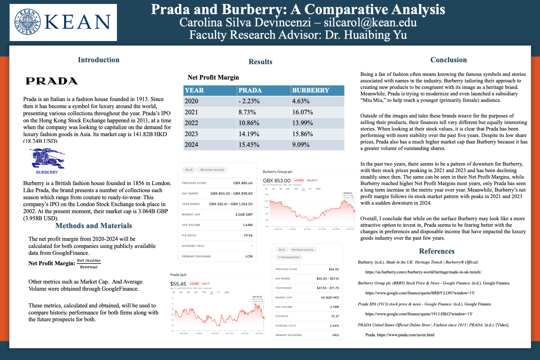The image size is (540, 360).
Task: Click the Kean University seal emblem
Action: coord(28,22)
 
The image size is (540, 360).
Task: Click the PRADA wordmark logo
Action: coord(52,81)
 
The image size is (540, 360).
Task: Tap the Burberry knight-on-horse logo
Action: coord(47,158)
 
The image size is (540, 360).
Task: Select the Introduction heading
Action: coord(98,60)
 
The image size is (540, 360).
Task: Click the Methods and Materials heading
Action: coord(93,226)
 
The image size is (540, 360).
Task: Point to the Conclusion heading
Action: coord(448,60)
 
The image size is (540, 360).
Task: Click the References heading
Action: coord(436,251)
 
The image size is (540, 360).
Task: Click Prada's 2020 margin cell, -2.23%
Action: coord(249,101)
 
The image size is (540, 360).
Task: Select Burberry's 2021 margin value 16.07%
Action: coord(302,112)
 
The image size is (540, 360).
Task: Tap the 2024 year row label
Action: coord(191,145)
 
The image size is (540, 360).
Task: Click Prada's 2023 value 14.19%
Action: coord(249,134)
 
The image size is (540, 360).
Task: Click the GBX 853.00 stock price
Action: coord(276,181)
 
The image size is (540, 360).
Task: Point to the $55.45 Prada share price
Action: coord(178,284)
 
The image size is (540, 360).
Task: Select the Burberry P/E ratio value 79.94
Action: coord(248,235)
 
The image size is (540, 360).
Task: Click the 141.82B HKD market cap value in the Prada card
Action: coord(330,298)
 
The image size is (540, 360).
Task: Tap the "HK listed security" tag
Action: coord(302,250)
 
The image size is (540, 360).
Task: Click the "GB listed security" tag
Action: coord(212,170)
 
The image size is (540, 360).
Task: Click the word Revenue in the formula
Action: coord(89,267)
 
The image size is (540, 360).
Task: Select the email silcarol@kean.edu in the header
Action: coord(370,22)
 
